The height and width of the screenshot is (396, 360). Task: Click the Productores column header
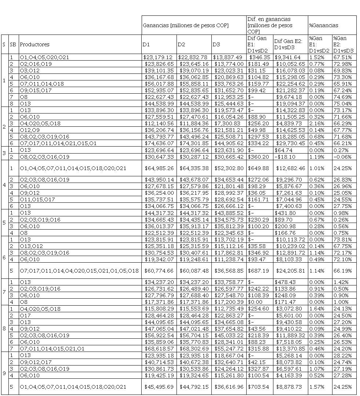[x=34, y=44]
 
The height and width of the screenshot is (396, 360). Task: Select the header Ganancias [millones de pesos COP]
[x=185, y=25]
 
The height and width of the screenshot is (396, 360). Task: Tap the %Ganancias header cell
[x=323, y=25]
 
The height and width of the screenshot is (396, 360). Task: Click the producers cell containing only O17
[x=25, y=314]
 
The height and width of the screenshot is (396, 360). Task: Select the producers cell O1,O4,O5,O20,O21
[x=44, y=57]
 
